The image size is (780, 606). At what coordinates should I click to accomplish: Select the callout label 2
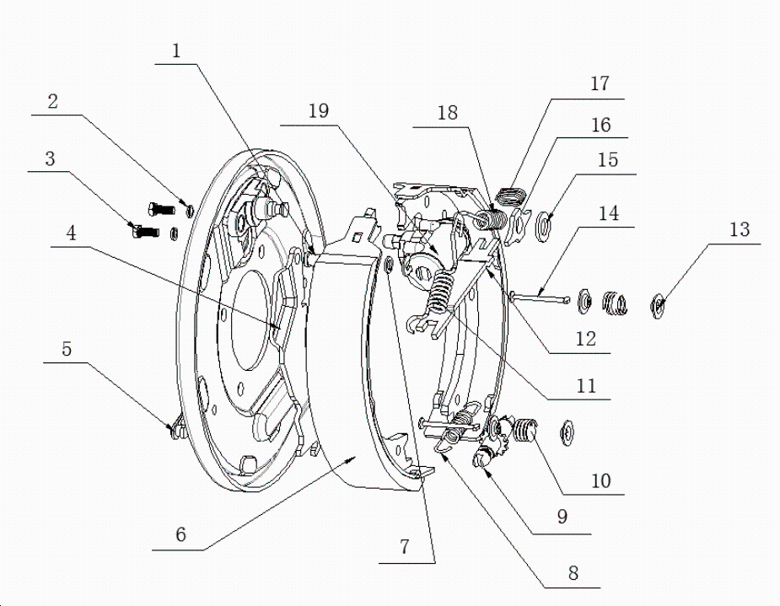(x=52, y=103)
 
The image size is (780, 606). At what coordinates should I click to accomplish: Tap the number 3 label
(x=51, y=158)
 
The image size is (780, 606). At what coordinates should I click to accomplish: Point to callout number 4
(x=73, y=233)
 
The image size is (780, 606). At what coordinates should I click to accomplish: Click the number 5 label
(x=67, y=349)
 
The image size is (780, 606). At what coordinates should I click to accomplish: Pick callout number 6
(x=180, y=534)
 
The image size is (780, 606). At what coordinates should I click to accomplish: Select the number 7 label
(x=404, y=546)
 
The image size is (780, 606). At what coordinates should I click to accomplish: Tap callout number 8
(x=573, y=573)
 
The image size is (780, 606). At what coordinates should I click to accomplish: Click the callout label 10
(x=600, y=480)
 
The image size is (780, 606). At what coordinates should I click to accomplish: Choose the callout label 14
(x=608, y=214)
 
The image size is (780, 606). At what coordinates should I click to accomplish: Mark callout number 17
(x=600, y=84)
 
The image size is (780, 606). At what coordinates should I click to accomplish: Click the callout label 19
(x=319, y=111)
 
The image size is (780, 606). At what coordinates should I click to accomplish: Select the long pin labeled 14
(x=540, y=294)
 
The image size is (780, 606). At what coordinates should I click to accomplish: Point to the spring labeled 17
(x=508, y=197)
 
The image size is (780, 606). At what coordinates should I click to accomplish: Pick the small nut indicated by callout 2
(x=187, y=207)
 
